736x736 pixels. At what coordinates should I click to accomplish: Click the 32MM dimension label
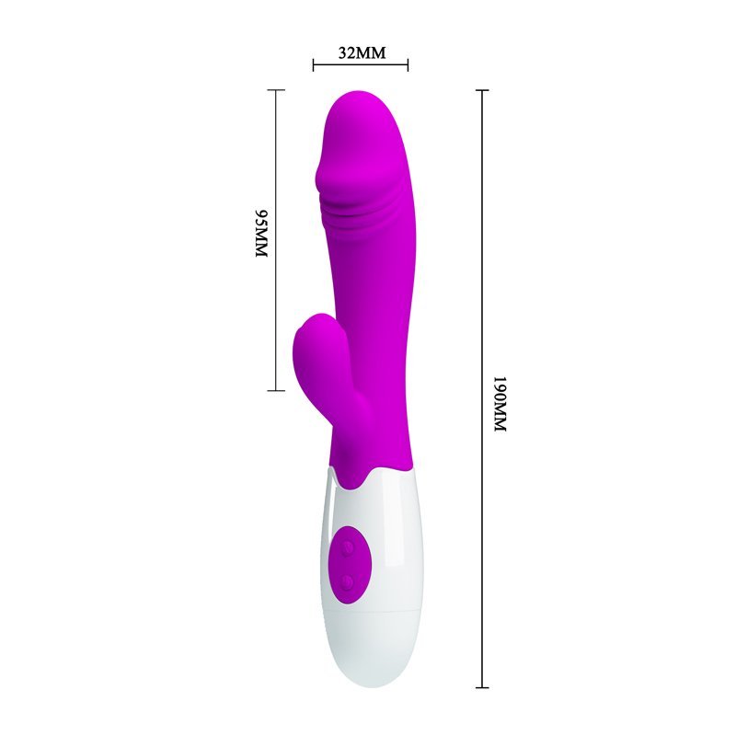362,52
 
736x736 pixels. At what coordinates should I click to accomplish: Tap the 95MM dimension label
261,234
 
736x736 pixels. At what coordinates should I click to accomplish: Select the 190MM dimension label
500,403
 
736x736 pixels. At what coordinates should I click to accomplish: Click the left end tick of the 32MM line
313,64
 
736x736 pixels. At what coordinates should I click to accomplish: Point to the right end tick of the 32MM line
408,64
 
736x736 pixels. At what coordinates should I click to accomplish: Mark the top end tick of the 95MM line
275,89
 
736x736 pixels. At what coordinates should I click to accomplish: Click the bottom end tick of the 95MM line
275,390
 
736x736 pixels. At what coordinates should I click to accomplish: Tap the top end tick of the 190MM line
482,89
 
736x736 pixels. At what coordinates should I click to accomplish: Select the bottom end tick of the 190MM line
482,687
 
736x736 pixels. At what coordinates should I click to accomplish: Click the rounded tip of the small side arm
311,324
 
